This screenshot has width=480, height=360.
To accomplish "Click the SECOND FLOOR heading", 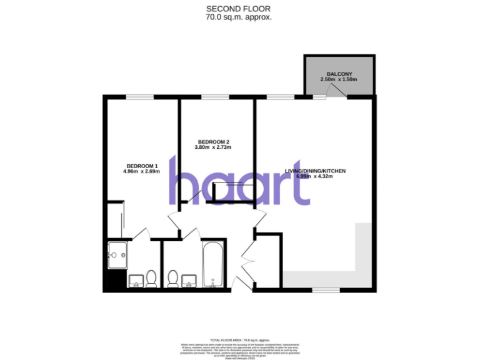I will [x=239, y=9].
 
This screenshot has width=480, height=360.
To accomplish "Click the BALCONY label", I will [x=338, y=74].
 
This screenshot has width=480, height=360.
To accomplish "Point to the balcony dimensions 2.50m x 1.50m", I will [x=338, y=80].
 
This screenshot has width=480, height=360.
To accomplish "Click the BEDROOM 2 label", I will [x=212, y=141].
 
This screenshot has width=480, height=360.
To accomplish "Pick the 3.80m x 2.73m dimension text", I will [x=212, y=147].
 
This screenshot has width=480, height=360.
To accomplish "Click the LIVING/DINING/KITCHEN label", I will [x=315, y=171].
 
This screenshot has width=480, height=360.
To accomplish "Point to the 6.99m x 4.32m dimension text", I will [x=315, y=176].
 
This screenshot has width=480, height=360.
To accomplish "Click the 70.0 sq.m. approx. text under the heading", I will [x=239, y=17].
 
